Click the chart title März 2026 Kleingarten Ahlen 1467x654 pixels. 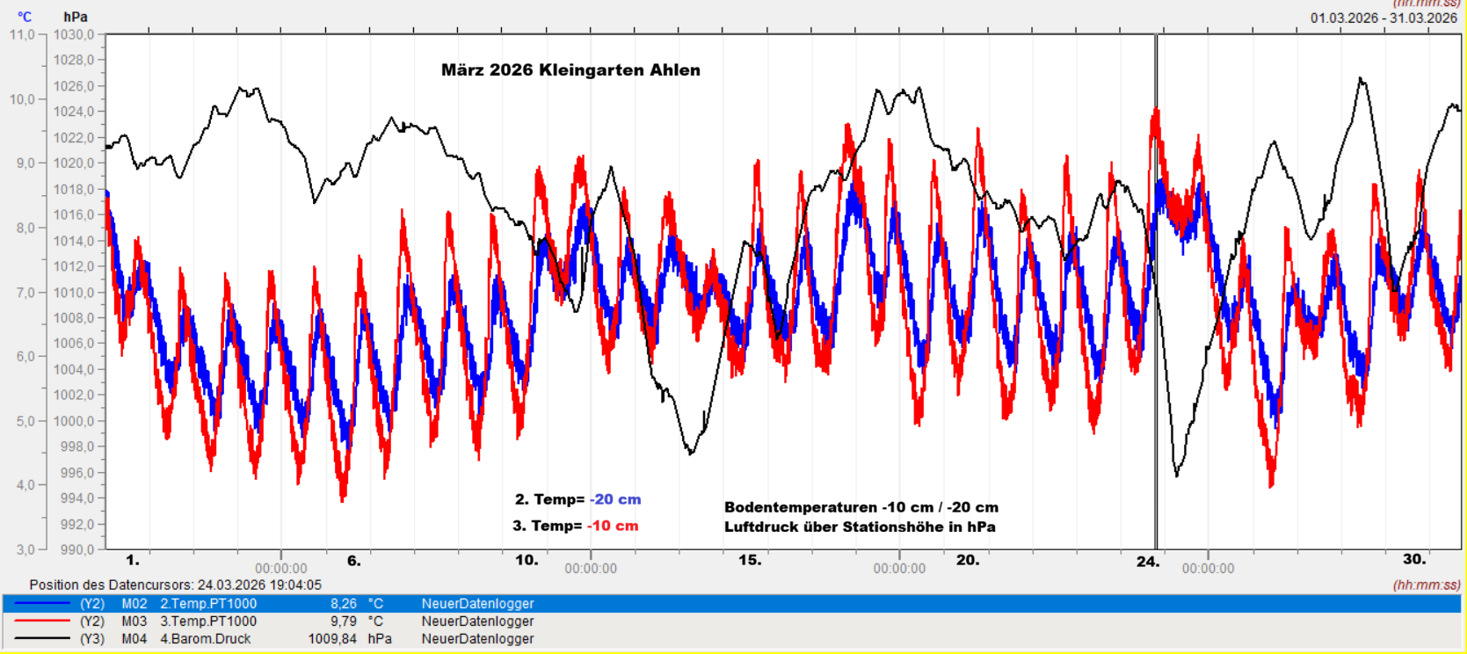(x=570, y=70)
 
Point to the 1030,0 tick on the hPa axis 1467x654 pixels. (x=74, y=35)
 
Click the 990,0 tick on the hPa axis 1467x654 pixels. (x=74, y=549)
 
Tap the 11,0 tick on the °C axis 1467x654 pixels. (x=22, y=35)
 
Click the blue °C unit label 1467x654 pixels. (x=25, y=17)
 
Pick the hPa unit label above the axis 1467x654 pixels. (x=76, y=17)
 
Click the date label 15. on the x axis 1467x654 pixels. (x=750, y=560)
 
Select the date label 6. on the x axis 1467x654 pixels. (x=353, y=560)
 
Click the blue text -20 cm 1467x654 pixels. (x=615, y=499)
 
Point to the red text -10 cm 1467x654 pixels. (x=613, y=526)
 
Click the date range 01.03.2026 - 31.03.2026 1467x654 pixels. (x=1383, y=18)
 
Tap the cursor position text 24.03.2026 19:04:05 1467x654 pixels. (x=259, y=585)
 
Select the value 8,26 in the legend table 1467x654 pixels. (x=344, y=604)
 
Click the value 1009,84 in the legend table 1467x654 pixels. (x=332, y=639)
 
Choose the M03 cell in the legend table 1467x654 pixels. (x=134, y=621)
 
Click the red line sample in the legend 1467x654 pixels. (x=42, y=621)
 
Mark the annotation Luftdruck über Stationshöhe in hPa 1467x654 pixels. (x=860, y=527)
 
